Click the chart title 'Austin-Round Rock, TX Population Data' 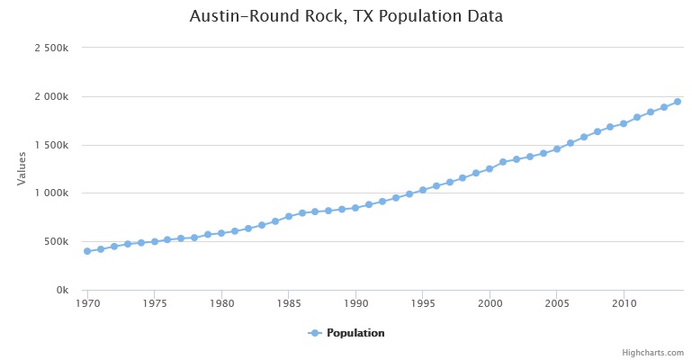point(346,16)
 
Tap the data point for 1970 point(87,251)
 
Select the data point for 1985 point(289,216)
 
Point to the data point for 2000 point(490,168)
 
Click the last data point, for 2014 point(678,102)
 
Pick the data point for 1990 point(355,208)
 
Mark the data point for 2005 point(557,148)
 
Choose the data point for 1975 point(155,241)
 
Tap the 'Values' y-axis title point(22,168)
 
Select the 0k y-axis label point(62,291)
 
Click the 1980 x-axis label point(221,304)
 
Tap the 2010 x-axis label point(624,304)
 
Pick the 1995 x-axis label point(423,304)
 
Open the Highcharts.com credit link point(659,353)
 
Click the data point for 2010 point(624,123)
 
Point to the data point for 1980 point(221,233)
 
